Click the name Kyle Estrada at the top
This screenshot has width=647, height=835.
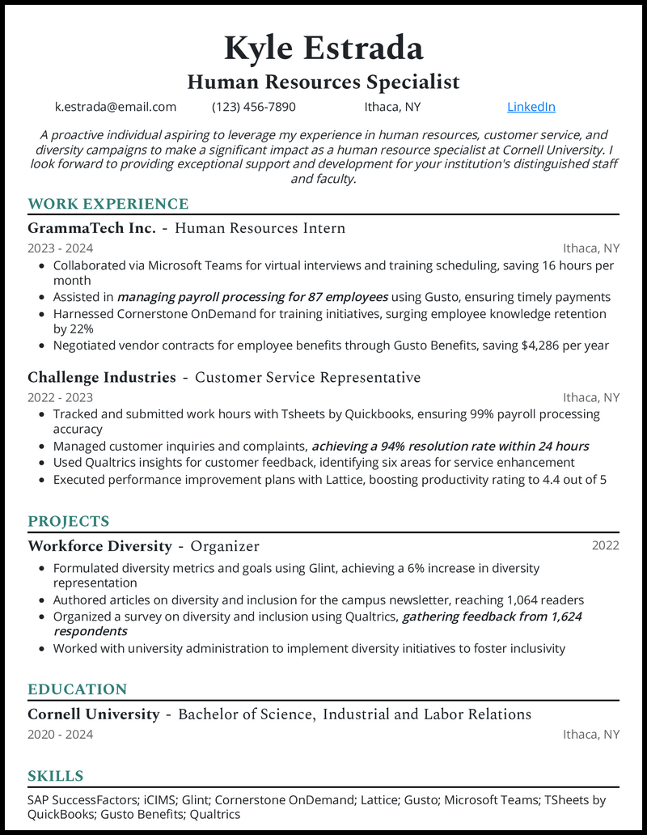tap(323, 49)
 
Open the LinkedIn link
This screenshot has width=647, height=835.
tap(531, 107)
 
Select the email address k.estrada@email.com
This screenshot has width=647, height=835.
tap(116, 107)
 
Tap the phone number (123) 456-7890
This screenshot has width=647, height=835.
tap(254, 107)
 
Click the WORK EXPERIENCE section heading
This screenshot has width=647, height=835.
tap(108, 204)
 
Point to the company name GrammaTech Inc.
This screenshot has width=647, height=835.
tap(91, 229)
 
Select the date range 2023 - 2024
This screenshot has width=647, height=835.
tap(61, 248)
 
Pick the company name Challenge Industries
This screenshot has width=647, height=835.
tap(102, 378)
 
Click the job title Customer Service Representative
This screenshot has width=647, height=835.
tap(308, 378)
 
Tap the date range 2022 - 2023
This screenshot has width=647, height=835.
tap(61, 397)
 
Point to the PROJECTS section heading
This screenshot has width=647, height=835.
tap(68, 521)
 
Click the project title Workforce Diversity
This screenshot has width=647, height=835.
tap(99, 546)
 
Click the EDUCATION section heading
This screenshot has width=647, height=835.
tap(77, 689)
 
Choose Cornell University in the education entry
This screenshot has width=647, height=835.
tap(93, 714)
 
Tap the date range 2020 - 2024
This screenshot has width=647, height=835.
tap(61, 735)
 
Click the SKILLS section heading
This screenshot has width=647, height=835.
tap(55, 777)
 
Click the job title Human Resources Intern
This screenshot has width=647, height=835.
tap(260, 229)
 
